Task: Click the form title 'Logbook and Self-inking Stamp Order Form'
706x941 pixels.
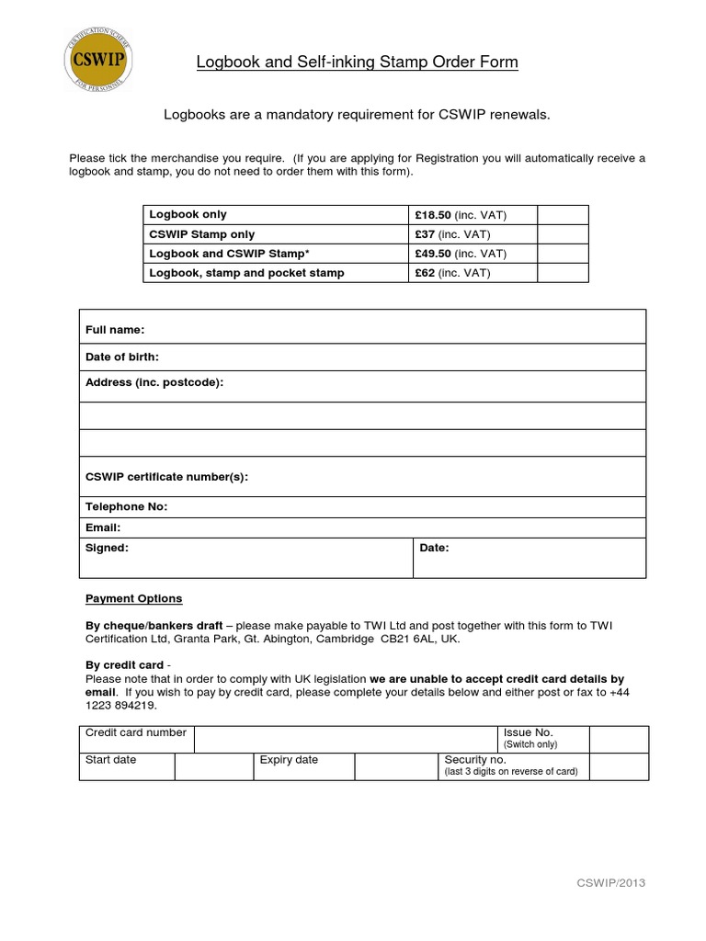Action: [357, 62]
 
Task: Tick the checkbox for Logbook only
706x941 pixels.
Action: [563, 215]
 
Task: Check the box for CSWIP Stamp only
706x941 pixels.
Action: [563, 234]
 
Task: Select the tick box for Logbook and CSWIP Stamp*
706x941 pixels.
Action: [563, 254]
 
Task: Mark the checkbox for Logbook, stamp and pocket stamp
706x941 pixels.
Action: [563, 273]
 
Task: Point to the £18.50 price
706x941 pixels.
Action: [433, 215]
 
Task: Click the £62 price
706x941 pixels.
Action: [427, 273]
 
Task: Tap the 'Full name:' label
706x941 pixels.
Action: [115, 330]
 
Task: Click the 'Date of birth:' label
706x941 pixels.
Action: [122, 357]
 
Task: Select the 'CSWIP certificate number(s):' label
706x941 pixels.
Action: [166, 477]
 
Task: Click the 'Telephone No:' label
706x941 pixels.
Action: [127, 506]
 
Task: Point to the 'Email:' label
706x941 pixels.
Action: [103, 527]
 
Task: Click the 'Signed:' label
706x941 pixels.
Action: [107, 548]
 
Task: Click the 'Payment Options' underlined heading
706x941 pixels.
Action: [133, 598]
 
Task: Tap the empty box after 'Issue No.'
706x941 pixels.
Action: [618, 740]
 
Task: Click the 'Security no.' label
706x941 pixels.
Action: [475, 760]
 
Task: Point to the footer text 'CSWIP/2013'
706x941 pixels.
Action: [610, 883]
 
